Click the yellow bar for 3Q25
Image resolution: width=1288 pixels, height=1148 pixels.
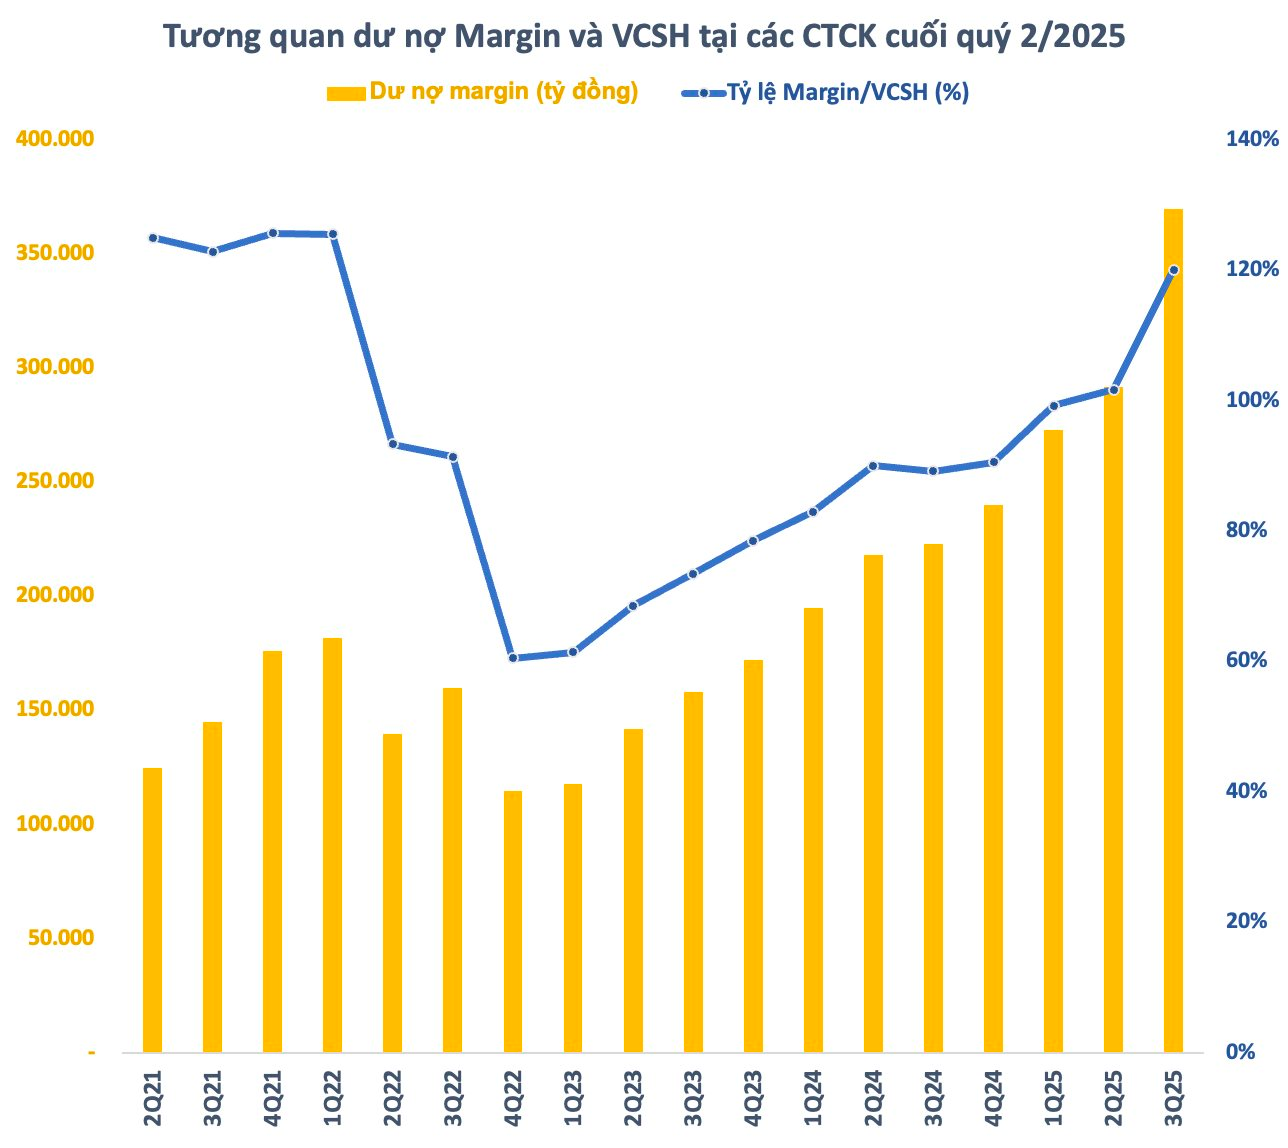click(1173, 630)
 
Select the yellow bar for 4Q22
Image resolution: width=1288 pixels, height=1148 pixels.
click(513, 921)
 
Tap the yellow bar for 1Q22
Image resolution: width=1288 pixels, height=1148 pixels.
click(333, 845)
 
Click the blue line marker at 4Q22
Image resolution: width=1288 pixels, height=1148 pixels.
click(513, 658)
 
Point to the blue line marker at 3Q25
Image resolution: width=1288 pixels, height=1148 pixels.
click(1173, 270)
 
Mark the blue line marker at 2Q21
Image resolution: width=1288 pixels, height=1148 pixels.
click(153, 238)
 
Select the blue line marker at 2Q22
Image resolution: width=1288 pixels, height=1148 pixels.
click(393, 444)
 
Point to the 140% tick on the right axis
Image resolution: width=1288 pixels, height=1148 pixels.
click(1252, 139)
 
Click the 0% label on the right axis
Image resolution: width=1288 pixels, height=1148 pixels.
click(1240, 1051)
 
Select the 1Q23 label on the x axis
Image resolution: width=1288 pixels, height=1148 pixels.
click(573, 1098)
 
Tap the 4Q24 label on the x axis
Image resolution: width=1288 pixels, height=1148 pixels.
click(993, 1098)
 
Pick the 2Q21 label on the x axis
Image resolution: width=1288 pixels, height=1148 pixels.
click(153, 1098)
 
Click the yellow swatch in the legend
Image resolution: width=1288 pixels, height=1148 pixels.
click(345, 93)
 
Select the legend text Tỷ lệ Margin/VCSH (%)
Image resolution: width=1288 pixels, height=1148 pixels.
click(847, 92)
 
